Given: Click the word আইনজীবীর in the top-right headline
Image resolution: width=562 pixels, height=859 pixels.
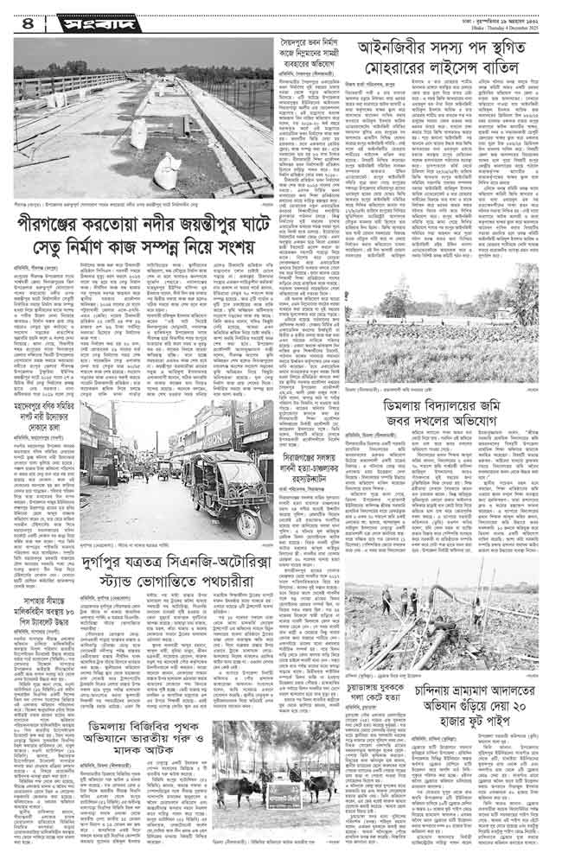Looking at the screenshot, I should [386, 48].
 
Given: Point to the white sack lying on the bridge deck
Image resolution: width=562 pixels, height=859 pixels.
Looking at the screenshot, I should [168, 170].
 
